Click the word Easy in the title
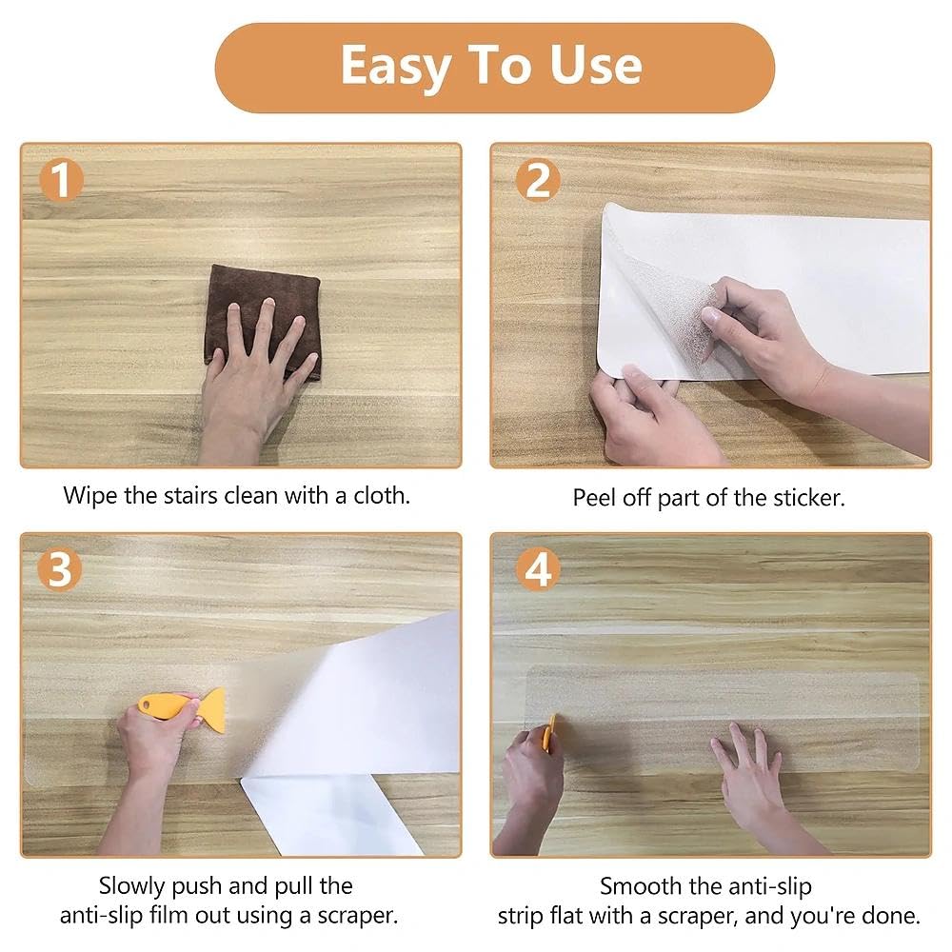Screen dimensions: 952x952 [396, 67]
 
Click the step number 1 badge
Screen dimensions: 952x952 [61, 180]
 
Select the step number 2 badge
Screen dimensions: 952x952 [537, 180]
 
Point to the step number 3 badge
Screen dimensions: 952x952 [59, 569]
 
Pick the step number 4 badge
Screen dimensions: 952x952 [537, 569]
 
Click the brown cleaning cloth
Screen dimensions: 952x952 [263, 322]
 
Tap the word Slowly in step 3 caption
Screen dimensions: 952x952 [132, 887]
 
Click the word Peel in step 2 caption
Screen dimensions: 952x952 [593, 498]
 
